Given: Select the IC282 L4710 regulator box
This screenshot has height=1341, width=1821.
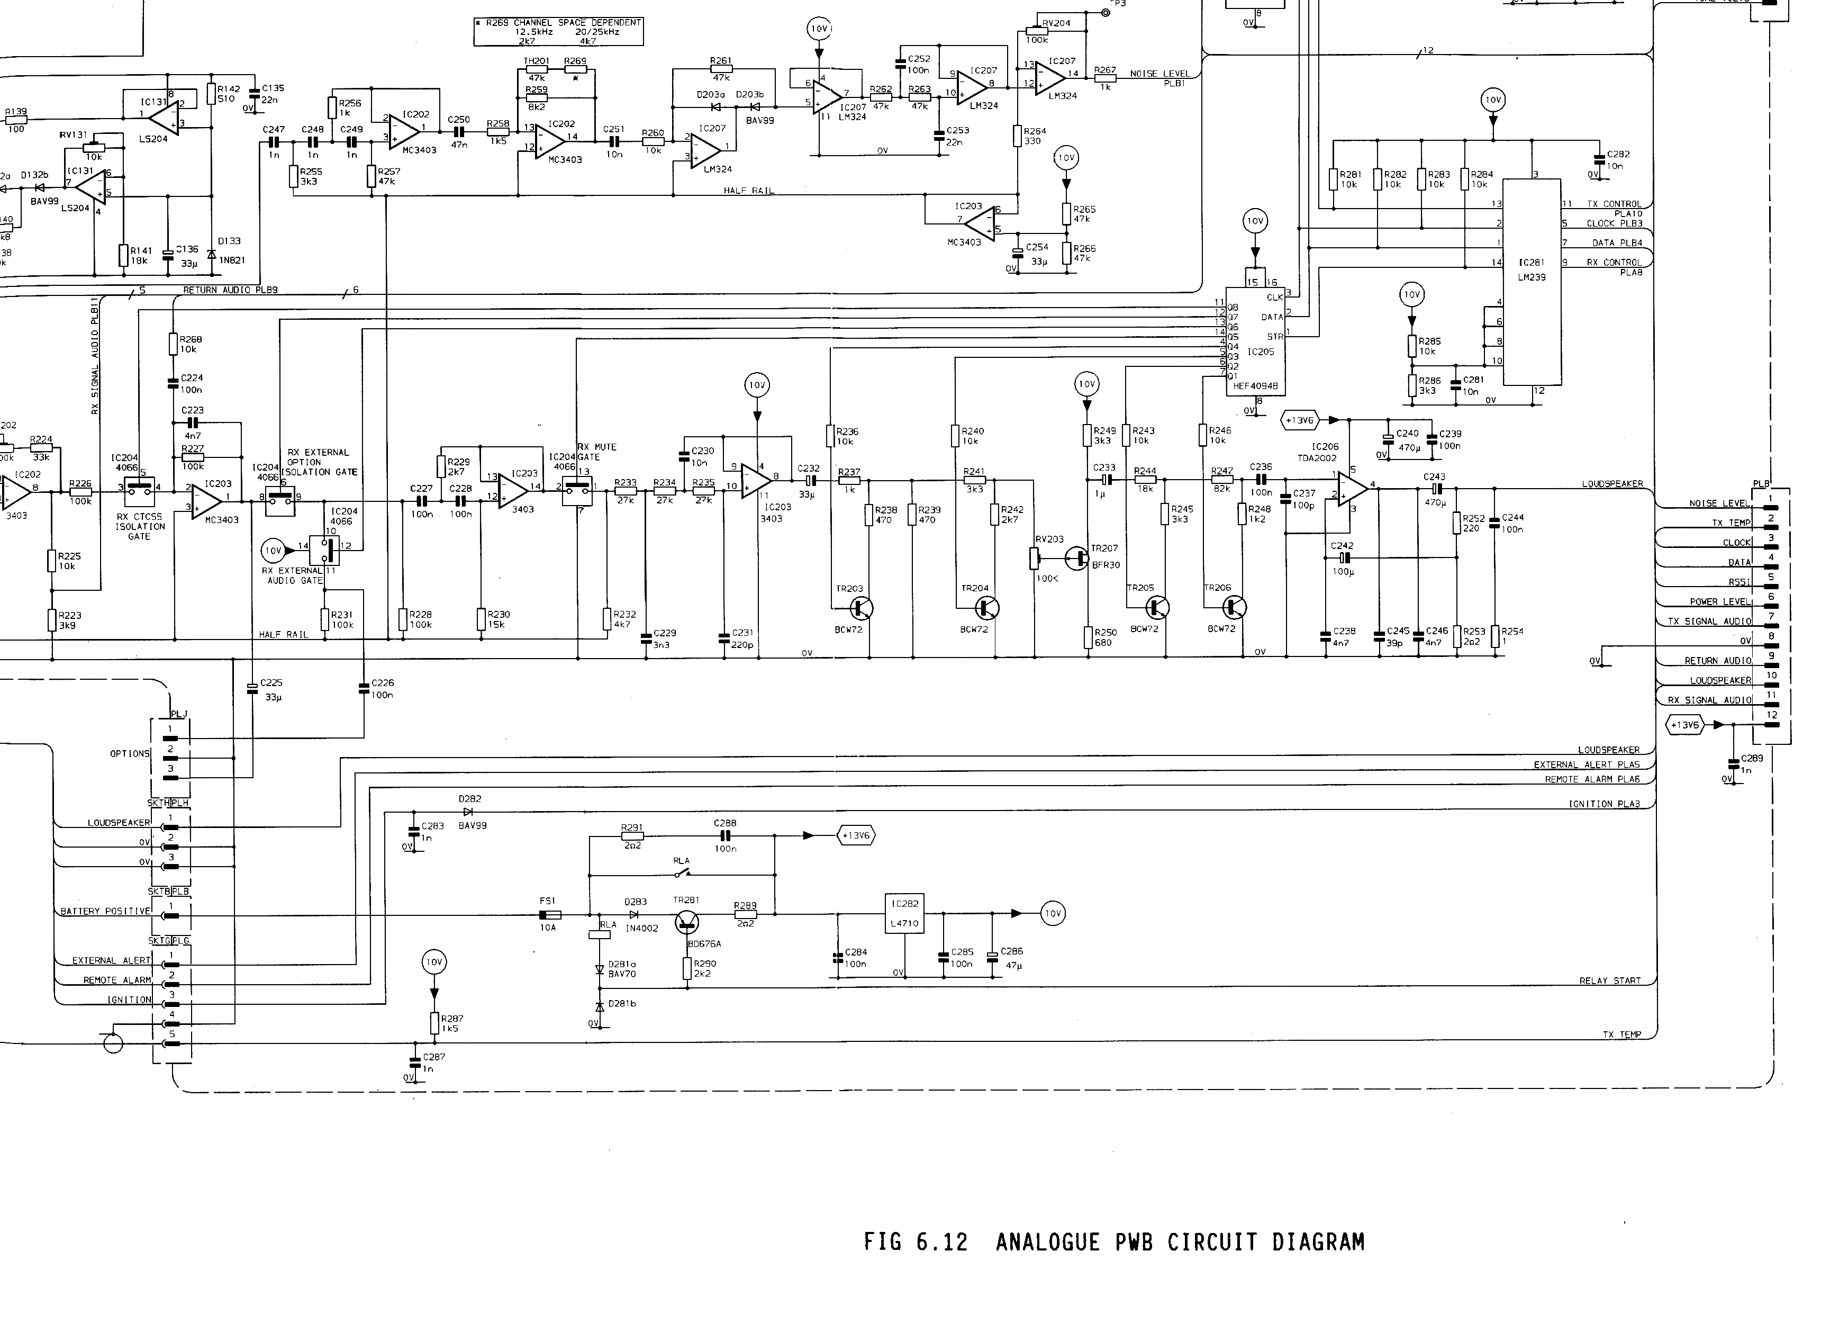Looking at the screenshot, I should pyautogui.click(x=904, y=913).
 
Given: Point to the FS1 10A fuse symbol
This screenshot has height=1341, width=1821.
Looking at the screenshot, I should pyautogui.click(x=549, y=915).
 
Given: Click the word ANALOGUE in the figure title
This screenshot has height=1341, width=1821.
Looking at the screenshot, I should pyautogui.click(x=1046, y=1242).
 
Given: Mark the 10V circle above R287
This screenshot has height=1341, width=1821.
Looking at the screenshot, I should pyautogui.click(x=434, y=962).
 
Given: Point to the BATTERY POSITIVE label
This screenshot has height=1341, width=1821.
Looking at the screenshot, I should pyautogui.click(x=105, y=911).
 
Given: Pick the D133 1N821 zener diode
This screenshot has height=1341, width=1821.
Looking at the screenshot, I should pyautogui.click(x=212, y=254).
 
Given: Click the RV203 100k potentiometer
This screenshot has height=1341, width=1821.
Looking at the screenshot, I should pyautogui.click(x=1035, y=559).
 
